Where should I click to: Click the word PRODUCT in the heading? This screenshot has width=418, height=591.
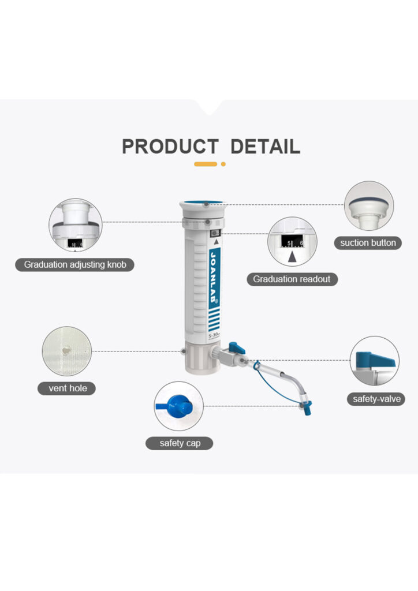(x=170, y=147)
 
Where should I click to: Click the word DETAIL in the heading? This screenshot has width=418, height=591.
(x=265, y=147)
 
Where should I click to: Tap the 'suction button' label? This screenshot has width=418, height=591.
(x=368, y=242)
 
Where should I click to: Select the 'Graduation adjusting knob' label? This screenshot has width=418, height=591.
(x=79, y=265)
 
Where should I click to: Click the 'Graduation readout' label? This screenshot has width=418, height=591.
(x=292, y=279)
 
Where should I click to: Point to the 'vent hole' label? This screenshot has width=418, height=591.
(x=67, y=388)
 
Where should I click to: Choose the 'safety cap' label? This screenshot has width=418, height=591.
(x=178, y=443)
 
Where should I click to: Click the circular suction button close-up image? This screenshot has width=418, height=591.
(x=368, y=206)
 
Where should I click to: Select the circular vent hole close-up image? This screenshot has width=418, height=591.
(x=67, y=351)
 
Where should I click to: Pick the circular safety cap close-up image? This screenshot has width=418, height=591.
(x=178, y=406)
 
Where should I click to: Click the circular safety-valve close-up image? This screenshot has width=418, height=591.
(x=375, y=361)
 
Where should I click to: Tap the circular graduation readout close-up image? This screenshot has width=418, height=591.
(x=292, y=242)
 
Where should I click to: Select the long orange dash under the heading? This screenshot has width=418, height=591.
(x=206, y=164)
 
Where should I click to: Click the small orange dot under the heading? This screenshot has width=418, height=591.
(x=223, y=164)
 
